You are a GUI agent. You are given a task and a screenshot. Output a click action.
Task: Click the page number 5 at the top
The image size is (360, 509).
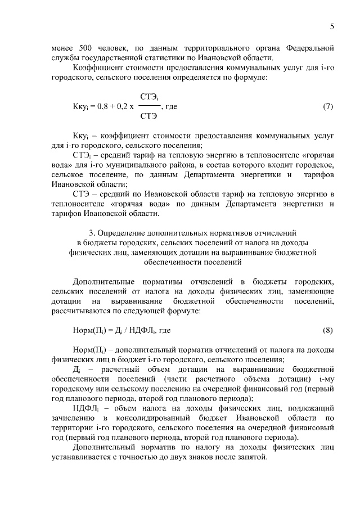pyautogui.click(x=332, y=26)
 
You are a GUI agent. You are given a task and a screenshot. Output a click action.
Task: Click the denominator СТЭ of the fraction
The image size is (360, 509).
pyautogui.click(x=148, y=116)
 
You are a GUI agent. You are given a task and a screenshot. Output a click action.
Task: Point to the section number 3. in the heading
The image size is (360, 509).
pyautogui.click(x=92, y=233)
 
